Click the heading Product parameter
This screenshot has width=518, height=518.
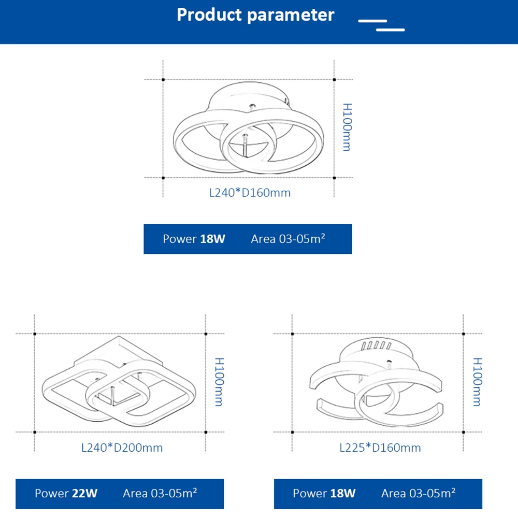[x=255, y=15]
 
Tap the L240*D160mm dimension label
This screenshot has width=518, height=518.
[x=250, y=193]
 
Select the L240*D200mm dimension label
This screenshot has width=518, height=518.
[x=122, y=448]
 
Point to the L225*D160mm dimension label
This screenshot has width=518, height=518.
[x=380, y=448]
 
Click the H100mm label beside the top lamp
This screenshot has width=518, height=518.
[x=347, y=127]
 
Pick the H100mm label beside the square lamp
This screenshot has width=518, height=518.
[x=219, y=382]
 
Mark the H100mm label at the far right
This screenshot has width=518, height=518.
[x=477, y=382]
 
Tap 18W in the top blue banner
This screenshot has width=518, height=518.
[x=213, y=239]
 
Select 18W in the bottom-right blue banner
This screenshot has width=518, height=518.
[x=343, y=494]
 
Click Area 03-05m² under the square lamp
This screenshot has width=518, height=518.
[x=160, y=493]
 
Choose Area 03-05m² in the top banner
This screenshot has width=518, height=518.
[x=288, y=239]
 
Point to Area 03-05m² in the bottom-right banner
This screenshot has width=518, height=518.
[x=418, y=493]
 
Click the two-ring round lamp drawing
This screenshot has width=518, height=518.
[x=249, y=135]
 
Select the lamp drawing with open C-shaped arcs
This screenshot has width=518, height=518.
[x=377, y=386]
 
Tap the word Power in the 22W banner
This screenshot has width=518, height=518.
[x=52, y=494]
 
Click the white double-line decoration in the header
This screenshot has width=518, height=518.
[x=382, y=25]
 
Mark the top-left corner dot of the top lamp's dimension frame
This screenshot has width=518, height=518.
[x=163, y=80]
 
